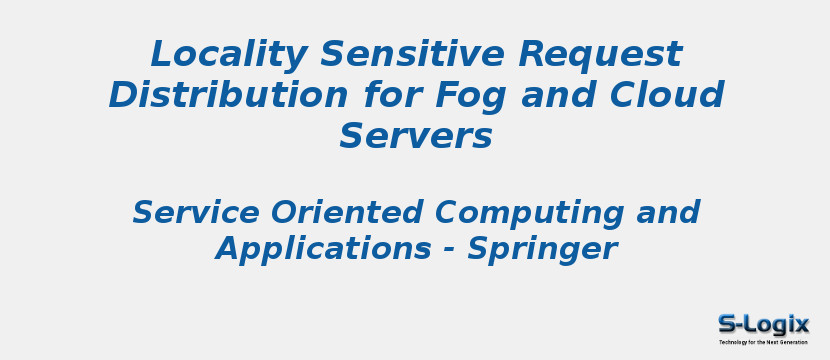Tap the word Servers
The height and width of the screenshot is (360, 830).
pyautogui.click(x=415, y=136)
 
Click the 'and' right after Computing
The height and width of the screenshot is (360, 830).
pyautogui.click(x=667, y=212)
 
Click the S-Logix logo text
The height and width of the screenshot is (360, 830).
pyautogui.click(x=763, y=324)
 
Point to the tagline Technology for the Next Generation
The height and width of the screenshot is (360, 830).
pyautogui.click(x=763, y=342)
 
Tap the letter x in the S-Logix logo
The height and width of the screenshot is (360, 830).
pyautogui.click(x=800, y=324)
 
